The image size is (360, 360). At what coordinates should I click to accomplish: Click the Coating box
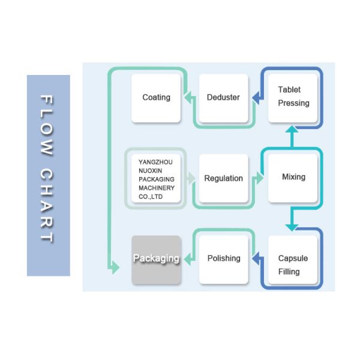pos(156,98)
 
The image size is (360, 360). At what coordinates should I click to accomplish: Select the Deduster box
pos(223,98)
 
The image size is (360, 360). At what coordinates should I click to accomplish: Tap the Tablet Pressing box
pos(293,97)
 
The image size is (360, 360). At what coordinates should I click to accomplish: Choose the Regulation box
pos(223,178)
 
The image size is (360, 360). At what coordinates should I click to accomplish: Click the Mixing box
pos(293,177)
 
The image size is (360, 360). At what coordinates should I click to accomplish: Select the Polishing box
pos(223,259)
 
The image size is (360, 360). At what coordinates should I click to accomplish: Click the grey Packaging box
pos(156,259)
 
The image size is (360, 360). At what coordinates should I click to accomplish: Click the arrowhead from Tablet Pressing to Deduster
pos(256,98)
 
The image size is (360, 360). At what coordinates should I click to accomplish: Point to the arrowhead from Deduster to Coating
pos(188,98)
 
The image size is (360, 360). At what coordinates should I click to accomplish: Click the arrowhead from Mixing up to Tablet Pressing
pos(292,129)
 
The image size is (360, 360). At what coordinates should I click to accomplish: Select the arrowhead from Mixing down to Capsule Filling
pos(292,227)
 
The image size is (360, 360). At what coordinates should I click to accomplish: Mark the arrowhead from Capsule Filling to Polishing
pos(256,259)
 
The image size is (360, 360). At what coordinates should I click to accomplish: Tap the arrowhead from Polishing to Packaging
pos(188,259)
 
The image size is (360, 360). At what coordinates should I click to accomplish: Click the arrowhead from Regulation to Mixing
pos(259,178)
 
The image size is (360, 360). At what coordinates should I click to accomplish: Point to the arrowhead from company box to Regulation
pos(191,178)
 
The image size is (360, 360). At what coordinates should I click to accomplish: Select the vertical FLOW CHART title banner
pos(48,175)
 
